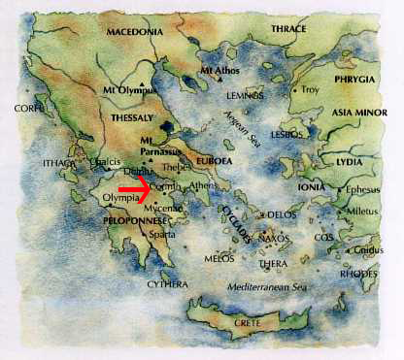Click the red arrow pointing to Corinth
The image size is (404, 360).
(158, 184)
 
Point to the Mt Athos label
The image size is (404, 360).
(218, 71)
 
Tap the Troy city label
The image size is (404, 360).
(310, 89)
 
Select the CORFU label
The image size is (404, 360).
(30, 109)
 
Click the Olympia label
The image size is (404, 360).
(121, 198)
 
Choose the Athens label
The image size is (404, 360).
(204, 185)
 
